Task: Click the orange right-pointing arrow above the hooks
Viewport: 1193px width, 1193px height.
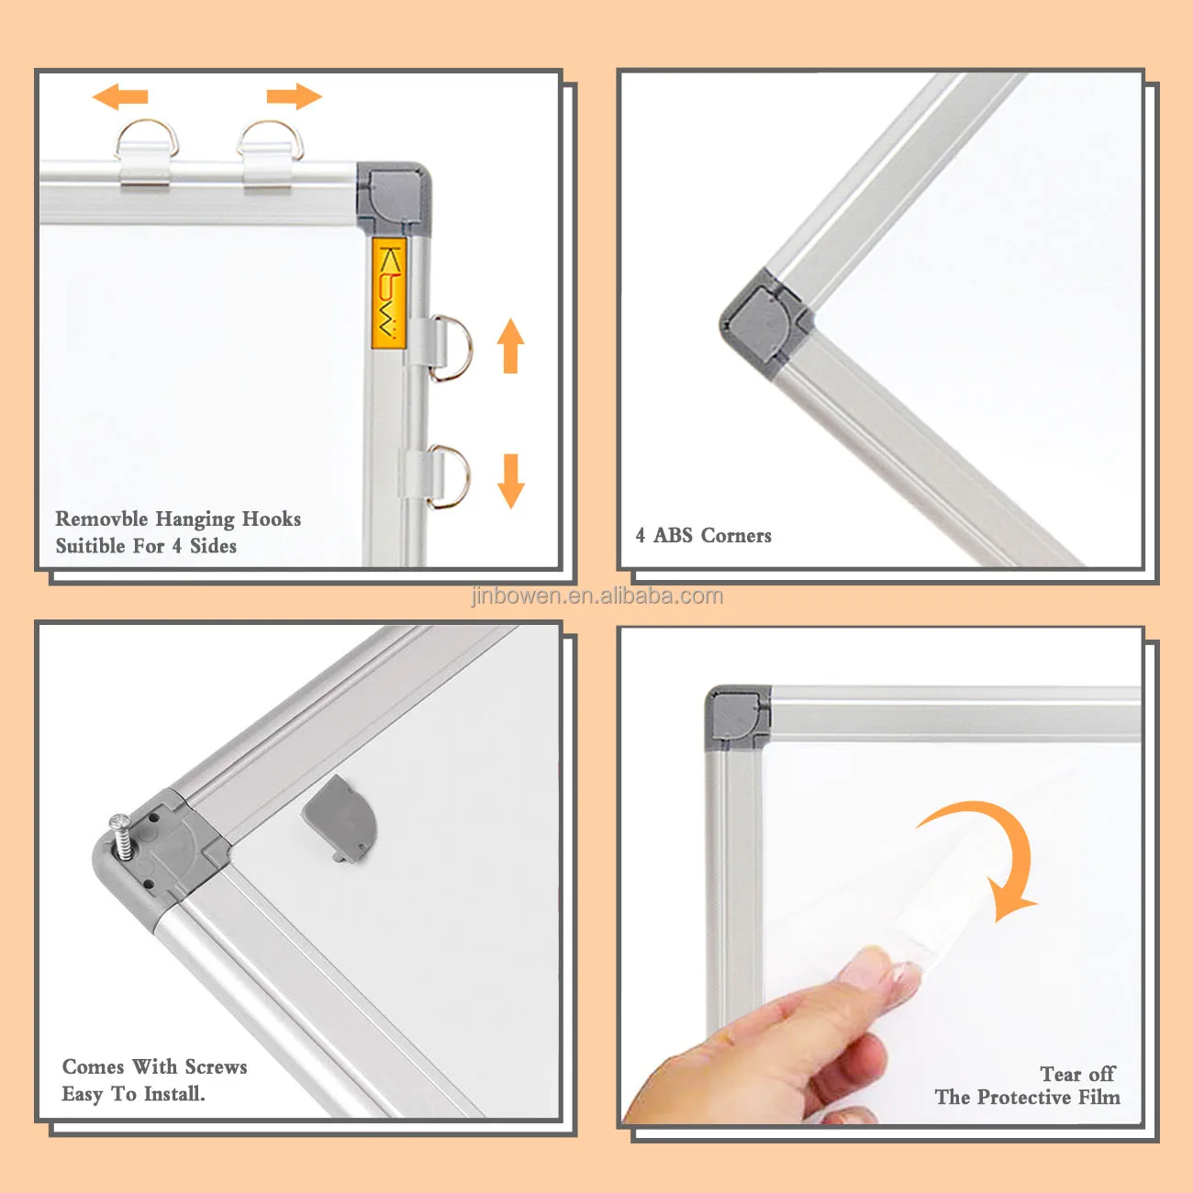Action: (x=295, y=96)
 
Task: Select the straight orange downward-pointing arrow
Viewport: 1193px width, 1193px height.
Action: (x=511, y=481)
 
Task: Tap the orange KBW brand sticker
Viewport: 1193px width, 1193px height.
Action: (x=389, y=293)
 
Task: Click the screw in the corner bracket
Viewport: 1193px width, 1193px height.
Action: (x=120, y=835)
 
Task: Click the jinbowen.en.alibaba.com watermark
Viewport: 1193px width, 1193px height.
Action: (x=596, y=596)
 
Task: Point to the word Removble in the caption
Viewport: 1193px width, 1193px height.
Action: (x=100, y=519)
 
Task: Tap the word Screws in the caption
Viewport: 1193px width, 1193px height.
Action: (x=216, y=1067)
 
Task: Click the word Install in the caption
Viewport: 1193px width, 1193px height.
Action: (x=173, y=1094)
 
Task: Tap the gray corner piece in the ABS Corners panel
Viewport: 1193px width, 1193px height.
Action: (x=764, y=322)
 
